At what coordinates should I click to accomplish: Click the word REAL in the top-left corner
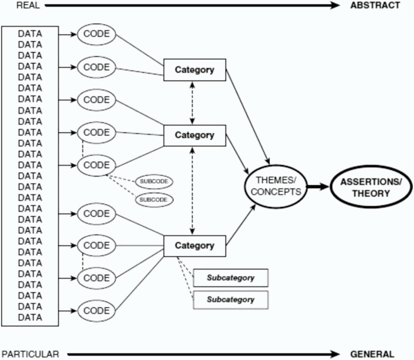pyautogui.click(x=28, y=6)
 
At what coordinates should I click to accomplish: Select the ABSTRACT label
pyautogui.click(x=375, y=5)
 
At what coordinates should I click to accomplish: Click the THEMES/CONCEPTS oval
pyautogui.click(x=276, y=186)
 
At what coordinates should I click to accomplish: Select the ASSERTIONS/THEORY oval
pyautogui.click(x=370, y=187)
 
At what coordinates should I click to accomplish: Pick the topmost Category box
pyautogui.click(x=194, y=70)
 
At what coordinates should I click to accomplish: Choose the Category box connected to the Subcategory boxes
pyautogui.click(x=194, y=246)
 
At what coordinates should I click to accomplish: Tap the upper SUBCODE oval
pyautogui.click(x=154, y=182)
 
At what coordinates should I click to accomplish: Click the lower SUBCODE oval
pyautogui.click(x=154, y=199)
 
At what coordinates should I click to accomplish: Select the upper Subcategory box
pyautogui.click(x=230, y=278)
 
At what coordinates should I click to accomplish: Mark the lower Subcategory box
pyautogui.click(x=230, y=300)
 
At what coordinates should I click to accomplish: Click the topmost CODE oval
pyautogui.click(x=96, y=34)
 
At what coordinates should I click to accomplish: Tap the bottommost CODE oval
pyautogui.click(x=96, y=311)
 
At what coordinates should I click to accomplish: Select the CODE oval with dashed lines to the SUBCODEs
pyautogui.click(x=96, y=165)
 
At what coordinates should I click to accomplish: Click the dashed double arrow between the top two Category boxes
pyautogui.click(x=192, y=103)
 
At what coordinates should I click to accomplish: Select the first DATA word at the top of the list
pyautogui.click(x=30, y=34)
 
